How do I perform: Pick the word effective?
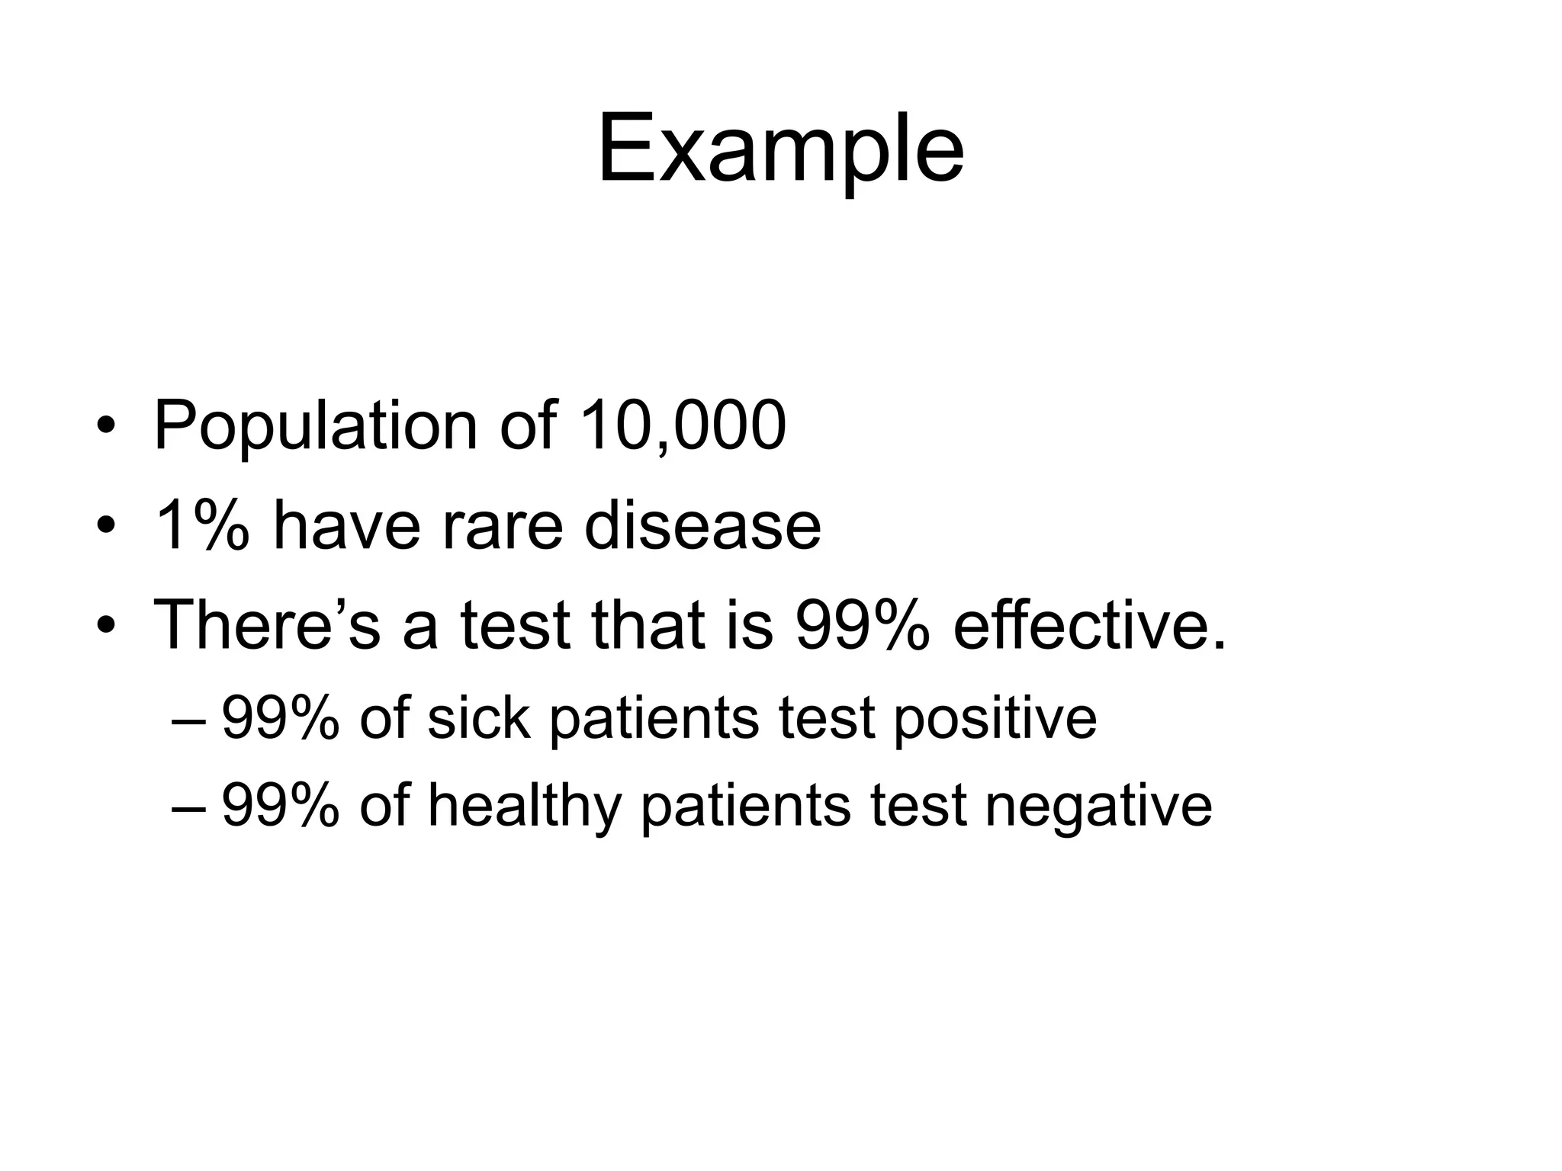1089,625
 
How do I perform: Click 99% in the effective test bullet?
862,625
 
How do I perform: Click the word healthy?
524,805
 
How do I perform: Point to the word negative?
1098,805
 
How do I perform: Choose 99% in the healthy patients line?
280,805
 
